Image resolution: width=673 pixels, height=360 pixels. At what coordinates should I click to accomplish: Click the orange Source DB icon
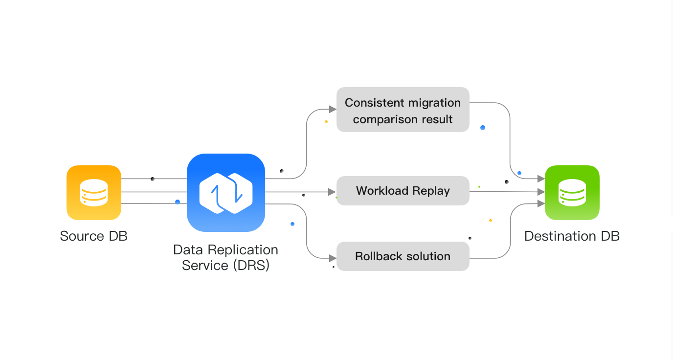tap(94, 192)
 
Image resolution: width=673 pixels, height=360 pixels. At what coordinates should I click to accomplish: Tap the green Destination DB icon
tap(572, 192)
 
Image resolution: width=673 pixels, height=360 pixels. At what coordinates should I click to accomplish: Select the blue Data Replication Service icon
tap(226, 192)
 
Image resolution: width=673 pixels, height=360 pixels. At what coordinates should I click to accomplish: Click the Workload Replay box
tap(403, 191)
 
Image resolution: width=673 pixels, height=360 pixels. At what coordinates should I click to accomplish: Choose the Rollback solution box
tap(403, 256)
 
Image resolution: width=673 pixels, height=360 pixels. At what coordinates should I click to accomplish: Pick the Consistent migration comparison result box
tap(403, 110)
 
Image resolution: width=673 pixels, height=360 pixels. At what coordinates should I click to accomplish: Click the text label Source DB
tap(94, 236)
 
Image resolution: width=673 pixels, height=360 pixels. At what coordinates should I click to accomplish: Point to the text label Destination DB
tap(572, 236)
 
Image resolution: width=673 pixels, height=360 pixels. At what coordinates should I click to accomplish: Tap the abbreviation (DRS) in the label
tap(251, 266)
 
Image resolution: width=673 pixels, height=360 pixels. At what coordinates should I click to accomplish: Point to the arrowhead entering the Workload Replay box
tap(333, 192)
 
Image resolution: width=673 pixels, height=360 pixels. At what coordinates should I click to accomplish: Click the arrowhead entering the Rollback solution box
tap(333, 257)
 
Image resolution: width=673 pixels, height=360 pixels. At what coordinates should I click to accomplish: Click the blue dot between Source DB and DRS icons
tap(177, 202)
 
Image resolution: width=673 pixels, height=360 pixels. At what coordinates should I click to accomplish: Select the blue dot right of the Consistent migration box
tap(483, 128)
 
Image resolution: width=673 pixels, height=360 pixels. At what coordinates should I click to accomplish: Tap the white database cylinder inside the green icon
tap(572, 192)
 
